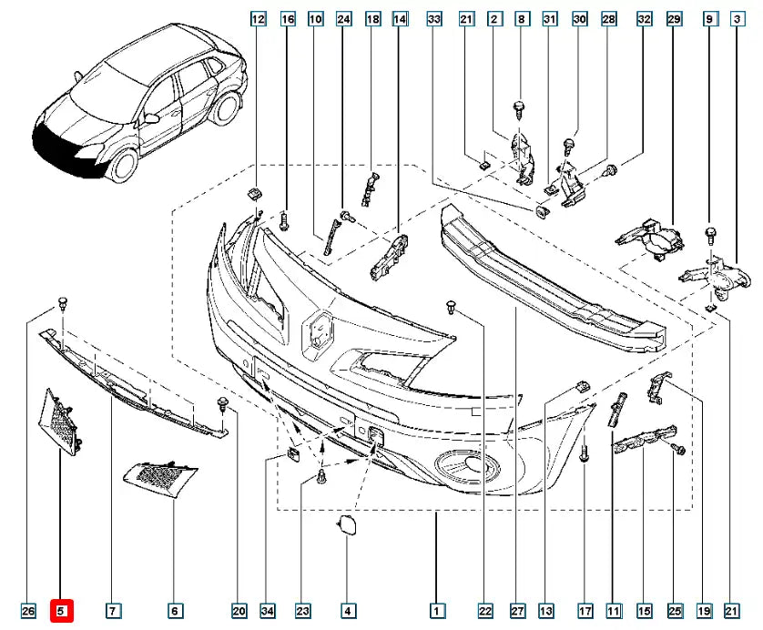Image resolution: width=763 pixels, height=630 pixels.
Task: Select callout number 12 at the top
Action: pos(258,19)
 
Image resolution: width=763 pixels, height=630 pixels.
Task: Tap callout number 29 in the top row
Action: pos(675,19)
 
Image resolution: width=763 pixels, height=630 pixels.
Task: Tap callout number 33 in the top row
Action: pos(434,19)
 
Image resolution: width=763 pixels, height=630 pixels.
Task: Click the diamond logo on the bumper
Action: pos(315,329)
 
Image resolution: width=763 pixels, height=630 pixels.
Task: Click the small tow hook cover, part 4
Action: pos(347,525)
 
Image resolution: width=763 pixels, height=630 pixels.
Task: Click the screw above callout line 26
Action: pos(63,301)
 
